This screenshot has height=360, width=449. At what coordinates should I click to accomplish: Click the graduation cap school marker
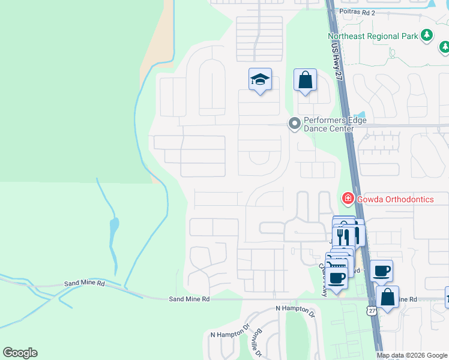(261, 80)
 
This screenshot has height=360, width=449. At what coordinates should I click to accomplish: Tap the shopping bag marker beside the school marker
(306, 80)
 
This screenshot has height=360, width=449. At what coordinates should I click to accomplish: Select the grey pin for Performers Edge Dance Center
(294, 124)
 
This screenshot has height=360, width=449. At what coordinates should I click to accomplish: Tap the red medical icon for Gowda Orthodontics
(348, 199)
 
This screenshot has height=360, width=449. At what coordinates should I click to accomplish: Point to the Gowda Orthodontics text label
(395, 199)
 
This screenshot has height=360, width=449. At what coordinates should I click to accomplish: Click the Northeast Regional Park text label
(373, 36)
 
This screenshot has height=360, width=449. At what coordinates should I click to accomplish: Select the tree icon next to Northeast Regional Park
(427, 35)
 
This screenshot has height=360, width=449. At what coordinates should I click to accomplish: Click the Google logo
(20, 353)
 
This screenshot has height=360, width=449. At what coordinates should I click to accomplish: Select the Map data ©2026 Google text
(411, 355)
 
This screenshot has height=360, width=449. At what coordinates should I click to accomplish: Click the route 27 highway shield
(372, 311)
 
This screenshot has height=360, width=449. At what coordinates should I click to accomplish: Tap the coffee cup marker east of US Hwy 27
(381, 271)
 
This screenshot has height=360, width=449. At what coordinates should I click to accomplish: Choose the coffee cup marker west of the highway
(338, 278)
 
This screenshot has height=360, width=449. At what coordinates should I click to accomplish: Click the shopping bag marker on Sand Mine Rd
(388, 296)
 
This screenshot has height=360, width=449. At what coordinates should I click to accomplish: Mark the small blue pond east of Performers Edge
(360, 115)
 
